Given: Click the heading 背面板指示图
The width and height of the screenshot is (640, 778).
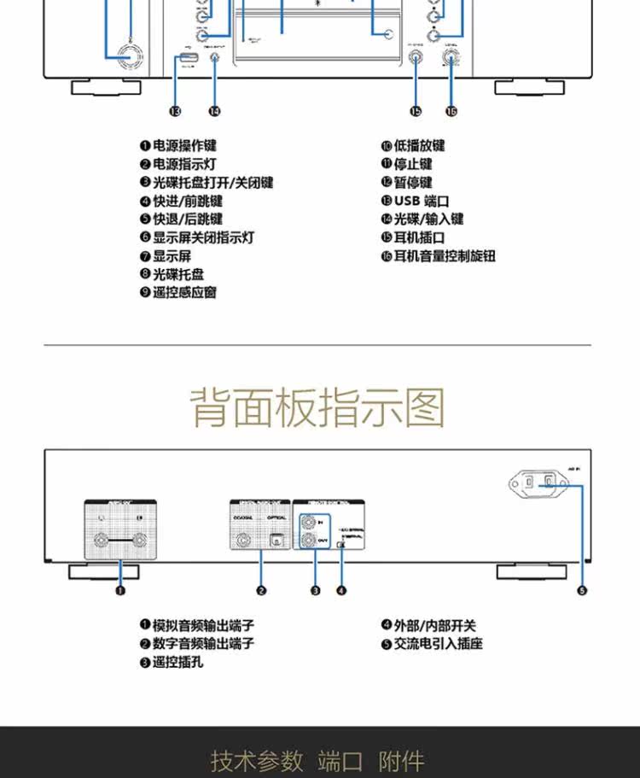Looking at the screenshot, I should (x=317, y=407).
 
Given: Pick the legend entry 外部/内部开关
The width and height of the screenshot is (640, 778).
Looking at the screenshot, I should (x=428, y=625).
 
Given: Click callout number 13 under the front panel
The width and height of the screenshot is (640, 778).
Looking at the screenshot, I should (x=175, y=111).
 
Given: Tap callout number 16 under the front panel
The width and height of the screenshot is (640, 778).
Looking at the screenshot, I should (x=451, y=111).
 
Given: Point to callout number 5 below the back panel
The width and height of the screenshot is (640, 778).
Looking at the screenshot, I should (x=582, y=589).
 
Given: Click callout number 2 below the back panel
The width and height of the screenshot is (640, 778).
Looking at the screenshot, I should (x=261, y=589).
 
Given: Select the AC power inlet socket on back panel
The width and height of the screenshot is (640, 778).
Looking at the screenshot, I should (x=539, y=485).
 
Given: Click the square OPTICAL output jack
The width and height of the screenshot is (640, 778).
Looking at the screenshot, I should (x=274, y=540).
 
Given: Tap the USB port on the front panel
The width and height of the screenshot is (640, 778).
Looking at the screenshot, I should (x=188, y=59).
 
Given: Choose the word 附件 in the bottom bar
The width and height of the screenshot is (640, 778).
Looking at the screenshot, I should (x=401, y=760).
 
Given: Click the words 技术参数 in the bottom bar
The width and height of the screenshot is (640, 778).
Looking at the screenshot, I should (x=257, y=760).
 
